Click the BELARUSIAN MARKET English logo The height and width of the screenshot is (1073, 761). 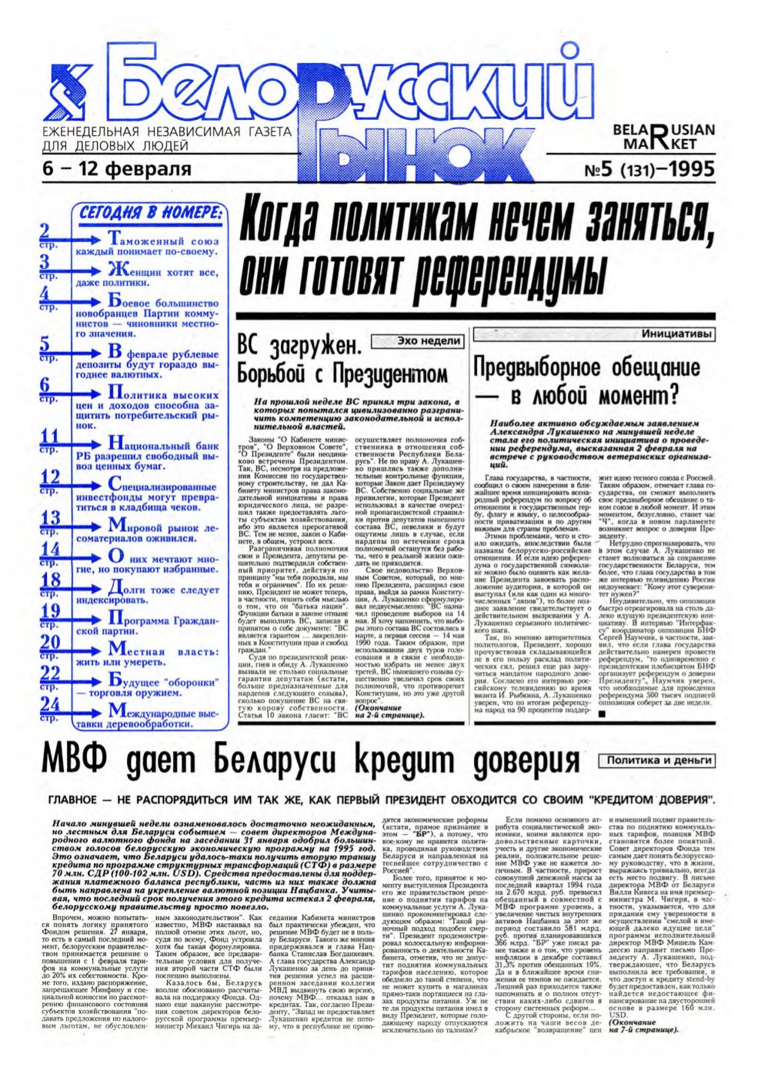[x=663, y=136]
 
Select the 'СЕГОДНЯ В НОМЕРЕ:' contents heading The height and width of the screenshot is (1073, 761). [x=151, y=213]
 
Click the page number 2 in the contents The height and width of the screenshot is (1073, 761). [x=45, y=231]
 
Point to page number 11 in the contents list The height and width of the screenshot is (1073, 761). [x=49, y=437]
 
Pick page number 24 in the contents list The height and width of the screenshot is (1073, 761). [x=50, y=706]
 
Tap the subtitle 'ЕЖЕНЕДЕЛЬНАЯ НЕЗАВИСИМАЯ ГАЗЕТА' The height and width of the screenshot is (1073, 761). [x=165, y=132]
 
